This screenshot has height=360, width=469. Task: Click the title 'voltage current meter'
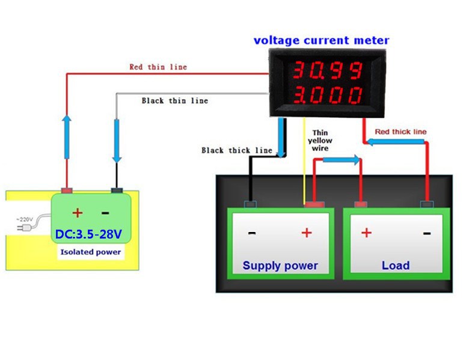click(321, 41)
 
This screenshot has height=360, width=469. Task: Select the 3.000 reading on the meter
click(327, 95)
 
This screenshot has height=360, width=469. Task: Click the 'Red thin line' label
click(158, 67)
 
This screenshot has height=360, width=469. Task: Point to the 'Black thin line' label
click(174, 100)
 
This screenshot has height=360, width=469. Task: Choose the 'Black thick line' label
click(236, 150)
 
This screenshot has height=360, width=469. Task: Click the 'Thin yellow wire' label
click(320, 140)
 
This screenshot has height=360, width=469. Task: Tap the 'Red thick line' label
click(400, 132)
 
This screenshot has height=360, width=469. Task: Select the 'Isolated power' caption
click(90, 252)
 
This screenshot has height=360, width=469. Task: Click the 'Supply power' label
click(280, 265)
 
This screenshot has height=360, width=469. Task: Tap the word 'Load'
click(395, 265)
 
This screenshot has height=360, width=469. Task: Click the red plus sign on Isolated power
click(78, 213)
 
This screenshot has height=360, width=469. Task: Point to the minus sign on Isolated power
click(105, 213)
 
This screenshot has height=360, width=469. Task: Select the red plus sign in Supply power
click(307, 233)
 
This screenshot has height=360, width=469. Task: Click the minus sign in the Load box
click(426, 233)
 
